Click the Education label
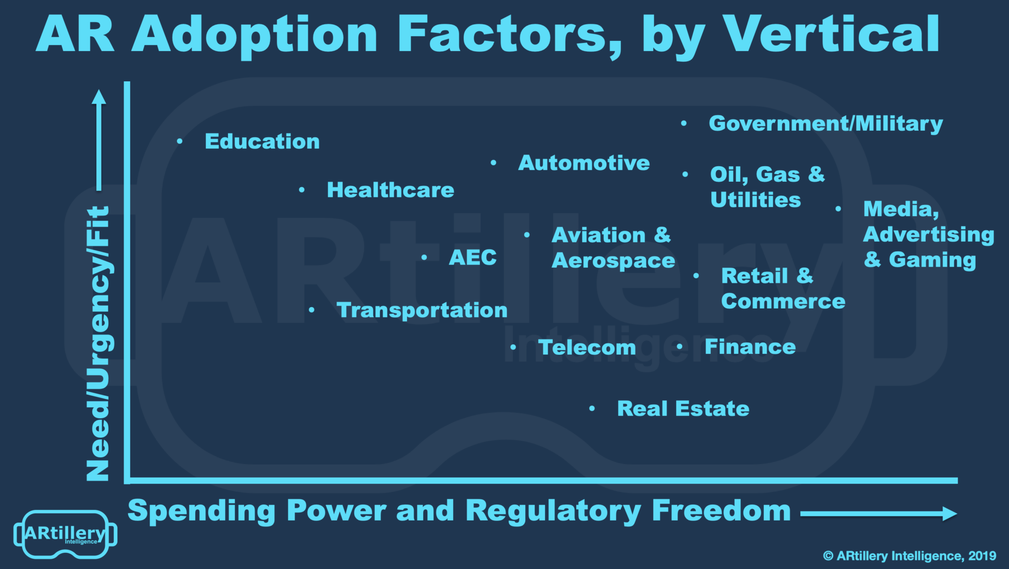tap(262, 141)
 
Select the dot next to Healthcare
tap(302, 190)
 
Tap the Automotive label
tap(584, 163)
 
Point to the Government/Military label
tap(826, 124)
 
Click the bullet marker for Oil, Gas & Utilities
tap(685, 174)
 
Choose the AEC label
tap(473, 257)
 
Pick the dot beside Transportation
tap(312, 309)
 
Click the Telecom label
tap(587, 347)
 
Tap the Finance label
tap(750, 347)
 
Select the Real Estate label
tap(684, 408)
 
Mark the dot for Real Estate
tap(592, 408)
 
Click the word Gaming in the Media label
tap(932, 261)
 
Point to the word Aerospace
tap(613, 261)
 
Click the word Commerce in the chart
tap(783, 301)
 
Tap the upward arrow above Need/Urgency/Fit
tap(99, 140)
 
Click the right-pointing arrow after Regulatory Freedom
tap(879, 514)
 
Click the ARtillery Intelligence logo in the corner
tap(66, 534)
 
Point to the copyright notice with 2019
tap(910, 556)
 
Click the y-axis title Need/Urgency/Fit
tap(98, 343)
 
